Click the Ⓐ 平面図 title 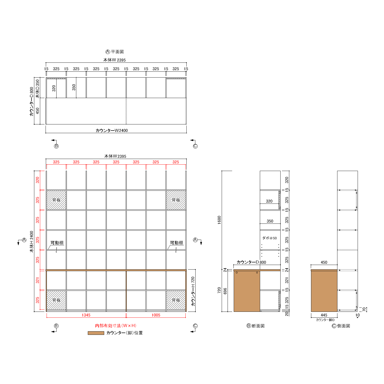click(x=115, y=52)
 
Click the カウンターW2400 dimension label click(x=112, y=131)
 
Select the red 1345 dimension click(x=86, y=315)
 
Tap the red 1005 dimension click(x=156, y=315)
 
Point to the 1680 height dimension click(x=219, y=220)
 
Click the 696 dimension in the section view click(x=225, y=291)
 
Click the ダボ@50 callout click(x=270, y=238)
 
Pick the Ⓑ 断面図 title click(x=255, y=326)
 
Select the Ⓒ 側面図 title click(x=341, y=326)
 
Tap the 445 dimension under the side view click(x=324, y=315)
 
